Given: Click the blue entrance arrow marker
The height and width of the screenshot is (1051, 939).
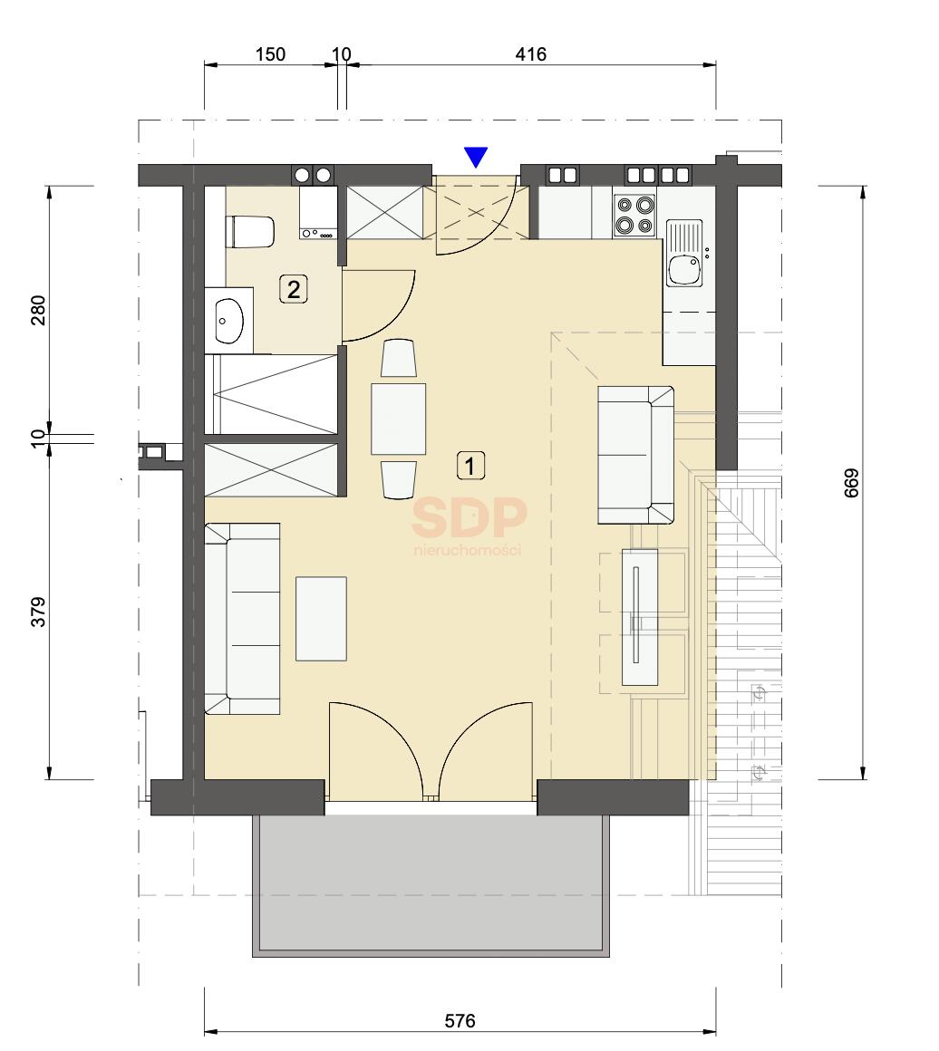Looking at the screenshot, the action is coord(476,156).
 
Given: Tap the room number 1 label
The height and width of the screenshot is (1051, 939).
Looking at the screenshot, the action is coord(470,465).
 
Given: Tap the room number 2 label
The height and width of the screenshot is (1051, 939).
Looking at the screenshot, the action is coord(293,290).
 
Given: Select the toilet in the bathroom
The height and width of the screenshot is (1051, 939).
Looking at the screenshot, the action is coord(250,232).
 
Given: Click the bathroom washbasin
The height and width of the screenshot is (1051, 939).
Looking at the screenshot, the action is coord(228,321).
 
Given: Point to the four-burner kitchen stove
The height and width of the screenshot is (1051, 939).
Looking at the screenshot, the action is coord(634,215).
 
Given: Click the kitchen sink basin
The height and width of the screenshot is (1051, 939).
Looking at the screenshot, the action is coord(684,268).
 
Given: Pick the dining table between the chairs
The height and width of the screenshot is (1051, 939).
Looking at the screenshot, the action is coord(399,419).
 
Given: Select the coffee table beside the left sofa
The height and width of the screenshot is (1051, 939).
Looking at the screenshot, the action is coord(321,619).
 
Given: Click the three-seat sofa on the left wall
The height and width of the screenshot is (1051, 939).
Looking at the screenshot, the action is coord(242,619).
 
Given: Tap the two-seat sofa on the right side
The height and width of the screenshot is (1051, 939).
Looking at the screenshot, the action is coord(636,455).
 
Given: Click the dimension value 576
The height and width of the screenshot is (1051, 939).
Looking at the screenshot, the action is coord(460,1020).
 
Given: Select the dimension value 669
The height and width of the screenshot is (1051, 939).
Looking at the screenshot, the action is coord(851,483).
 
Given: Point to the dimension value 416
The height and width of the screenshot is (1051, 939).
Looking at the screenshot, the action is coord(530,53).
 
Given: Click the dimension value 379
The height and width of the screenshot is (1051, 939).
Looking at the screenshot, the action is coord(39,612).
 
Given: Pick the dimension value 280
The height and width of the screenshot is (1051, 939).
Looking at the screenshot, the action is coord(39,310).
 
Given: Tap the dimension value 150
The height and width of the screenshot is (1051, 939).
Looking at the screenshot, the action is coord(270,53).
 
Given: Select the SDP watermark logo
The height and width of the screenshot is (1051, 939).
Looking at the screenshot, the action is coord(469,525).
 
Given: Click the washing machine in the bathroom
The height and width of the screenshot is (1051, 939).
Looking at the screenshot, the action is coord(319,213).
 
